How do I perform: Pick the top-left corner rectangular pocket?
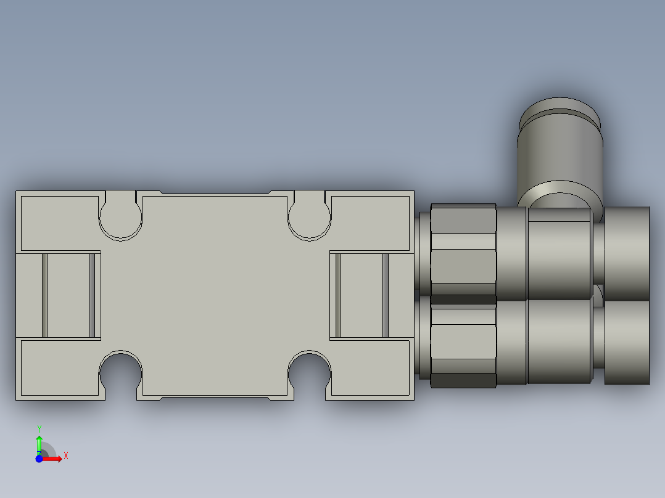(60, 223)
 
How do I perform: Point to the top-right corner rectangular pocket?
(370, 223)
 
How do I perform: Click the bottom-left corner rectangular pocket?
(60, 367)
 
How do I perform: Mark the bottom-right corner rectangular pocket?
(370, 367)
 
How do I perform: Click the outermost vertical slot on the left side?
(44, 295)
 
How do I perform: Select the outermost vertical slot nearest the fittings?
(386, 295)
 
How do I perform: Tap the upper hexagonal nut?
(463, 250)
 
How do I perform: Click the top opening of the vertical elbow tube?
(559, 115)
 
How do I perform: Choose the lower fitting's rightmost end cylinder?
(627, 342)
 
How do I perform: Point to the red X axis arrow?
(54, 459)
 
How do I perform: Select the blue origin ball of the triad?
(39, 459)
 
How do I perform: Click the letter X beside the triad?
(65, 456)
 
